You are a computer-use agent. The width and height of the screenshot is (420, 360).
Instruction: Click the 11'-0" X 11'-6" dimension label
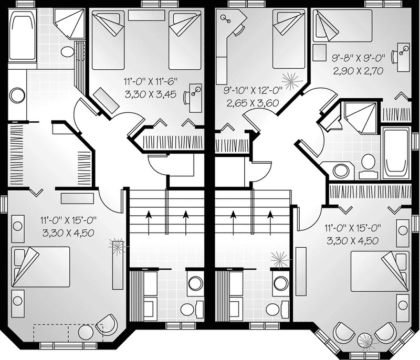tap(151, 81)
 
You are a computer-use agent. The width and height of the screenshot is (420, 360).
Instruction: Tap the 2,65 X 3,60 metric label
tap(253, 103)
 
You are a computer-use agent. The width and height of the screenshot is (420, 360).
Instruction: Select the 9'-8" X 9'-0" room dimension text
tap(358, 58)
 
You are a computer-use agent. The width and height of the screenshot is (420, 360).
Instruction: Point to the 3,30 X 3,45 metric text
tap(151, 94)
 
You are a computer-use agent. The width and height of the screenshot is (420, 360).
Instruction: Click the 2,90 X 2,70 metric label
tap(358, 71)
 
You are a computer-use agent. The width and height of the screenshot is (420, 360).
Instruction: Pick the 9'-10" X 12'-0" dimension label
tap(253, 90)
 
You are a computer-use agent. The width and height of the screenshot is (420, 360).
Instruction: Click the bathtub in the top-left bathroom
tap(22, 35)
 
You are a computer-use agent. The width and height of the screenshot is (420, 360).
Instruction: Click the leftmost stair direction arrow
tap(148, 223)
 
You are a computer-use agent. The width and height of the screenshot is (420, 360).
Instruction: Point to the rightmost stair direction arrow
tap(271, 223)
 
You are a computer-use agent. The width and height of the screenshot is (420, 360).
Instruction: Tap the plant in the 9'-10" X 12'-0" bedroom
tap(291, 81)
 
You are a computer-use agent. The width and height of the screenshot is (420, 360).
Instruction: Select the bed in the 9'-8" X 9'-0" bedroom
tap(343, 26)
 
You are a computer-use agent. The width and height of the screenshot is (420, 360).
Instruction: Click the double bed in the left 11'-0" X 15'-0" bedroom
tap(41, 267)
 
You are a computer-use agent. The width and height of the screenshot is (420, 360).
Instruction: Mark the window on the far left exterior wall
tap(4, 204)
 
